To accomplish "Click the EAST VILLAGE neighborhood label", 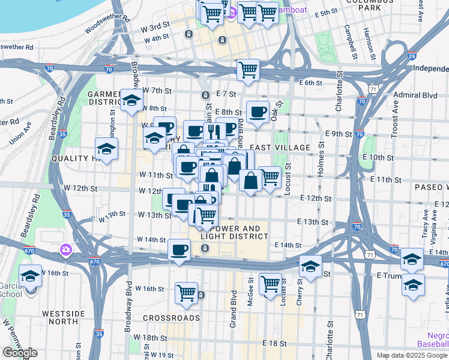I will (280, 148).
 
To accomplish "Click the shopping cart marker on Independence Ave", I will (247, 70).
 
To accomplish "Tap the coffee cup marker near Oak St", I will (258, 112).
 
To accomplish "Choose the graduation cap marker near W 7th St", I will (131, 101).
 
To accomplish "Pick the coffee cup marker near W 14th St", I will (179, 250).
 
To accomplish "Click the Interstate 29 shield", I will (412, 56).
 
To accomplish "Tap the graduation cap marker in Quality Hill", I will (106, 149).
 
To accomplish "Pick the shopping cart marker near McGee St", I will (270, 284).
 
